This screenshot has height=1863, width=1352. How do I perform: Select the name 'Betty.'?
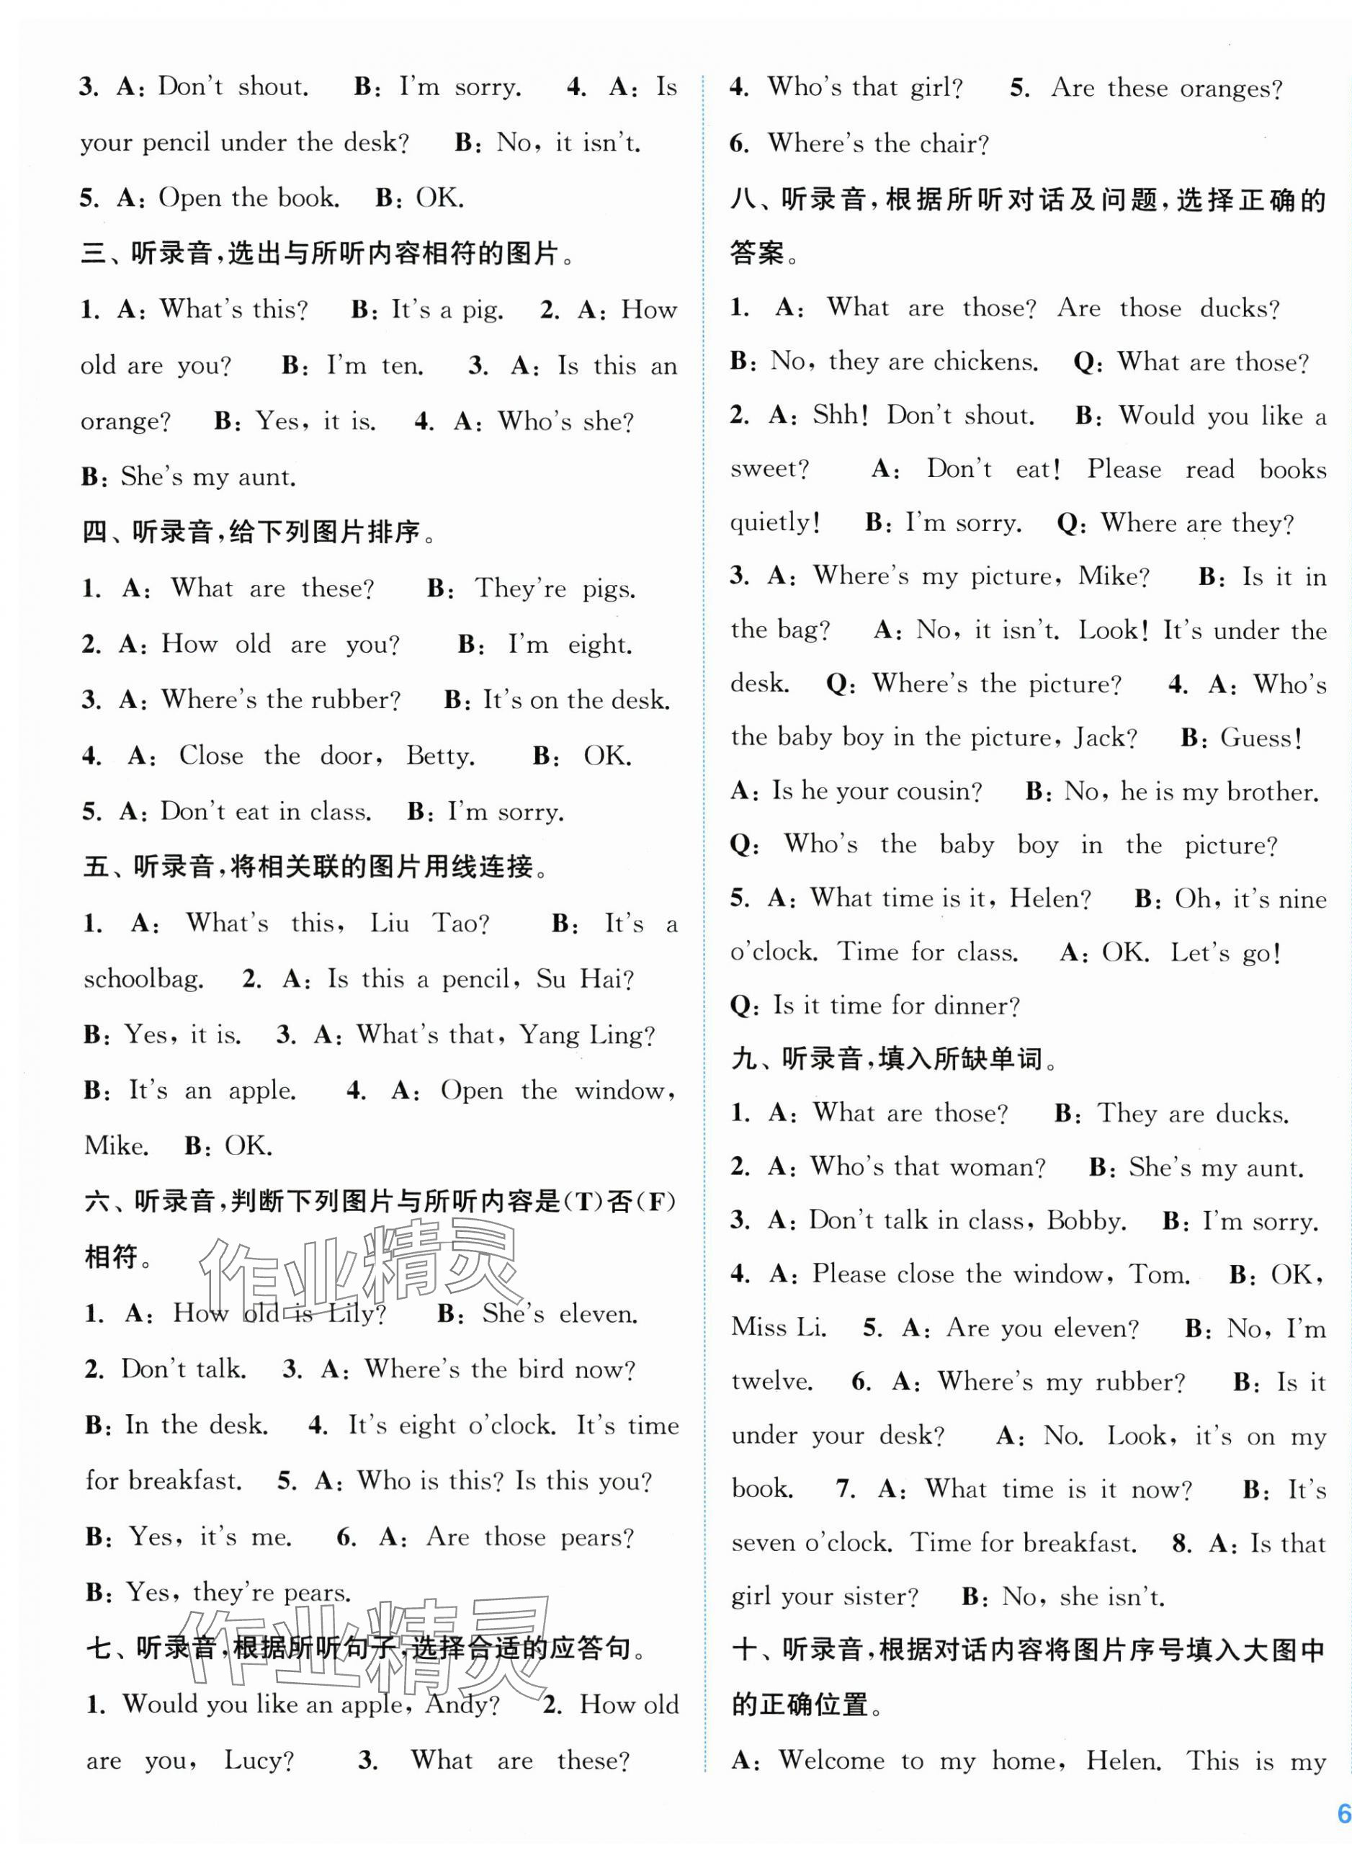pyautogui.click(x=440, y=756)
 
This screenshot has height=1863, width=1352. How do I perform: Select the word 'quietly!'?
pyautogui.click(x=774, y=522)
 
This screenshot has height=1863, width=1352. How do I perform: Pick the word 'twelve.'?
pyautogui.click(x=772, y=1382)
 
